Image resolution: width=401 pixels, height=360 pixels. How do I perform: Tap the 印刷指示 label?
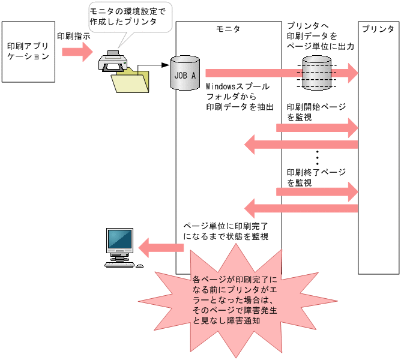[x=74, y=36]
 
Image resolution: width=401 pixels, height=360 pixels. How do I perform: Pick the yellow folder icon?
[x=131, y=81]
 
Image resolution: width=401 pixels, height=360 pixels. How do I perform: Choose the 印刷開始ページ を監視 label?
[x=316, y=112]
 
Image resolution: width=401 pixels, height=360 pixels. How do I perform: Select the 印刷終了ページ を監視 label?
[x=316, y=177]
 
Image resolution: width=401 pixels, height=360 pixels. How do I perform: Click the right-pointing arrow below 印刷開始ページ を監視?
[x=317, y=127]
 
